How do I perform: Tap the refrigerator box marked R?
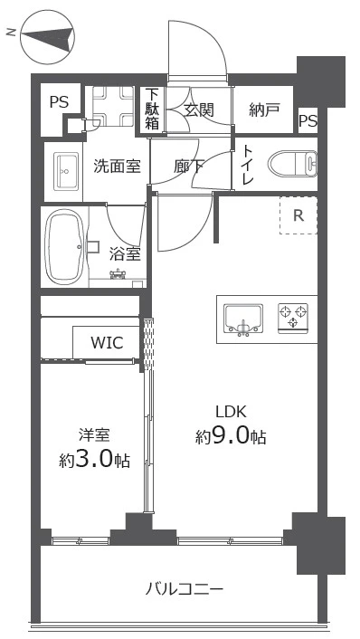(298, 215)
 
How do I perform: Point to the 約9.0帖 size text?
(231, 436)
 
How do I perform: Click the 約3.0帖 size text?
(94, 459)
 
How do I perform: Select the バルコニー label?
(185, 589)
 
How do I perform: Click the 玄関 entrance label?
(199, 110)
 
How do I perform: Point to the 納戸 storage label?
(264, 110)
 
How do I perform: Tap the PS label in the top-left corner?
(59, 102)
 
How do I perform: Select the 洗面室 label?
(115, 166)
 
